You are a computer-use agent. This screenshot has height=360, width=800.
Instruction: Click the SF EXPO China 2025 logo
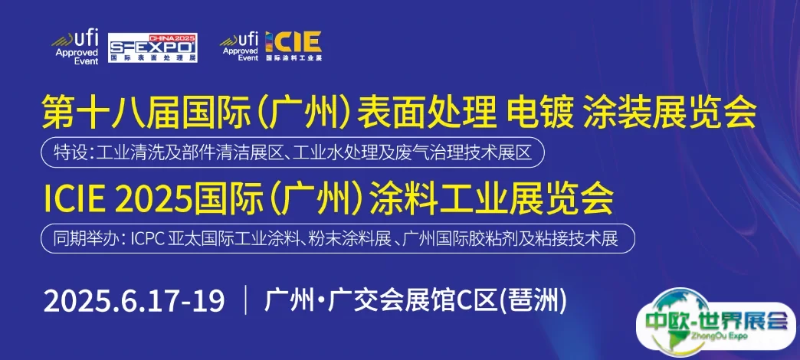coord(152,48)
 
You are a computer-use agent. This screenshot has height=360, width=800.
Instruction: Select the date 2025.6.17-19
coord(134,301)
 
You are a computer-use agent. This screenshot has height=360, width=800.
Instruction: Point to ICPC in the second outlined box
coord(148,239)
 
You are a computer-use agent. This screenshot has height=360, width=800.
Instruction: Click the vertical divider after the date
coord(247,301)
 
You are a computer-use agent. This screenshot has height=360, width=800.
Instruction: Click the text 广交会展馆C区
coord(412,301)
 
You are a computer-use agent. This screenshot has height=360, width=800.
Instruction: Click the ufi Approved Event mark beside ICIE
coord(240,46)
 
